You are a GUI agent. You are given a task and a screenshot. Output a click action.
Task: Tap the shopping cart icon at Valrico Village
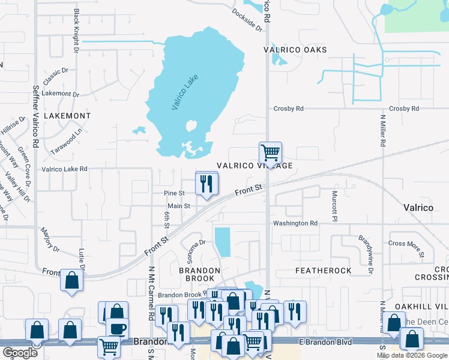(270, 153)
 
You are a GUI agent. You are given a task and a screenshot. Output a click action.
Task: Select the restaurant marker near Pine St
(206, 184)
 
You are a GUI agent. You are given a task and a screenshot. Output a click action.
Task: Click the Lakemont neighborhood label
(67, 116)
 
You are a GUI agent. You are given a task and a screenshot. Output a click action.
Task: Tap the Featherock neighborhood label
(324, 271)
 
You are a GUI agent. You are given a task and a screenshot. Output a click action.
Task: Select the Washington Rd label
(295, 223)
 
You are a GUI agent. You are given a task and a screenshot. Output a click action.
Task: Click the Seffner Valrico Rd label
(35, 116)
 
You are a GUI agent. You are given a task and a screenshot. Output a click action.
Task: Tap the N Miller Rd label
(382, 127)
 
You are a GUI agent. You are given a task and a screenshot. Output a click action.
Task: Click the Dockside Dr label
(247, 20)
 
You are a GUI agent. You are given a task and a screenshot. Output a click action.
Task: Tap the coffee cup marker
(117, 328)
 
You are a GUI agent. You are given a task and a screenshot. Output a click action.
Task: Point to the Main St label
(178, 206)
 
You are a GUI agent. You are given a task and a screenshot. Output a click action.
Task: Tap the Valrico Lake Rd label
(64, 169)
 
